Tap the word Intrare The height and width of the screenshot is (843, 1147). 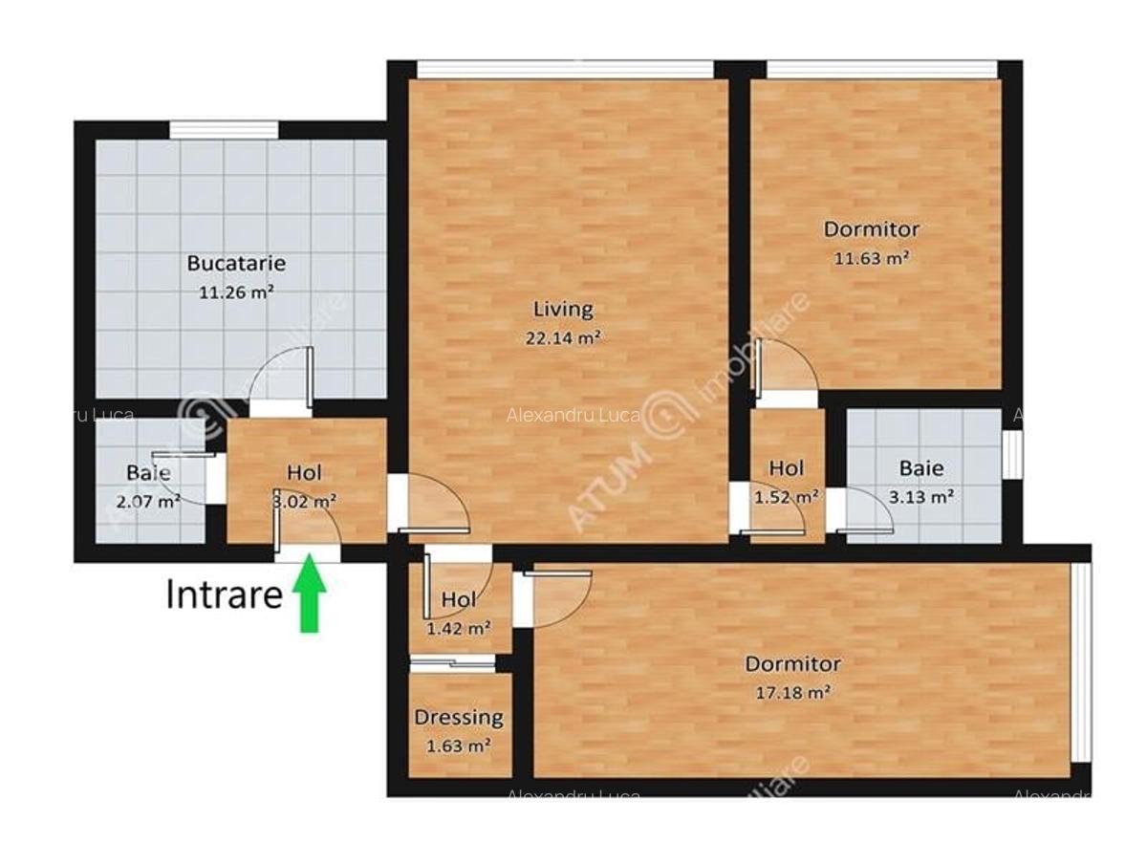point(225,594)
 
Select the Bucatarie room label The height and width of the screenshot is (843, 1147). point(236,263)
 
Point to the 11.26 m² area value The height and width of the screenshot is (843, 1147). point(236,292)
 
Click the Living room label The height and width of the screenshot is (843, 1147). point(563,309)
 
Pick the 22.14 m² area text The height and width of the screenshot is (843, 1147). point(563,337)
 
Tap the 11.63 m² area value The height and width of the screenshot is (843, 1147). point(872,258)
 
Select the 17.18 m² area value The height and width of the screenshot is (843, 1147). point(793,692)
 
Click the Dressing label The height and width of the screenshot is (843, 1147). point(459,717)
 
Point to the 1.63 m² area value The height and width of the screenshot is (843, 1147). point(459,746)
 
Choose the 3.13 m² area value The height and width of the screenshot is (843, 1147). point(921,497)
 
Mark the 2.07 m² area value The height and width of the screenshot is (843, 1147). point(148,500)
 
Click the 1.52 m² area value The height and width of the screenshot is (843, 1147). point(786,497)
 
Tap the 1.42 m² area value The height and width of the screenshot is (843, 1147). point(459,628)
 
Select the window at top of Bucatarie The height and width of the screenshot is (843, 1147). point(224,130)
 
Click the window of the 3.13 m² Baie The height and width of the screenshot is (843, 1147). point(1011,453)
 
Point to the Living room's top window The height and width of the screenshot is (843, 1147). point(566,69)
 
